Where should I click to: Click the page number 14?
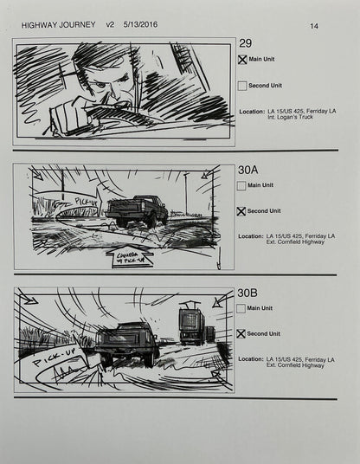coord(314,26)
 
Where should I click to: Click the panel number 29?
coord(245,44)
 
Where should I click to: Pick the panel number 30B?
coord(248,293)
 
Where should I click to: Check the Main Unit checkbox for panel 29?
coord(242,60)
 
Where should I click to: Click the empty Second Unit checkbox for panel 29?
coord(242,86)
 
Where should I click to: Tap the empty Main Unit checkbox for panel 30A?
coord(242,185)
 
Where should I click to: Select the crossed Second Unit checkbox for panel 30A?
coord(242,211)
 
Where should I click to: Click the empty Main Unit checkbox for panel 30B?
coord(242,308)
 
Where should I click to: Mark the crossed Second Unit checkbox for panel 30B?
coord(242,334)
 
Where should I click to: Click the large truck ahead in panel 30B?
coord(191,325)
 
